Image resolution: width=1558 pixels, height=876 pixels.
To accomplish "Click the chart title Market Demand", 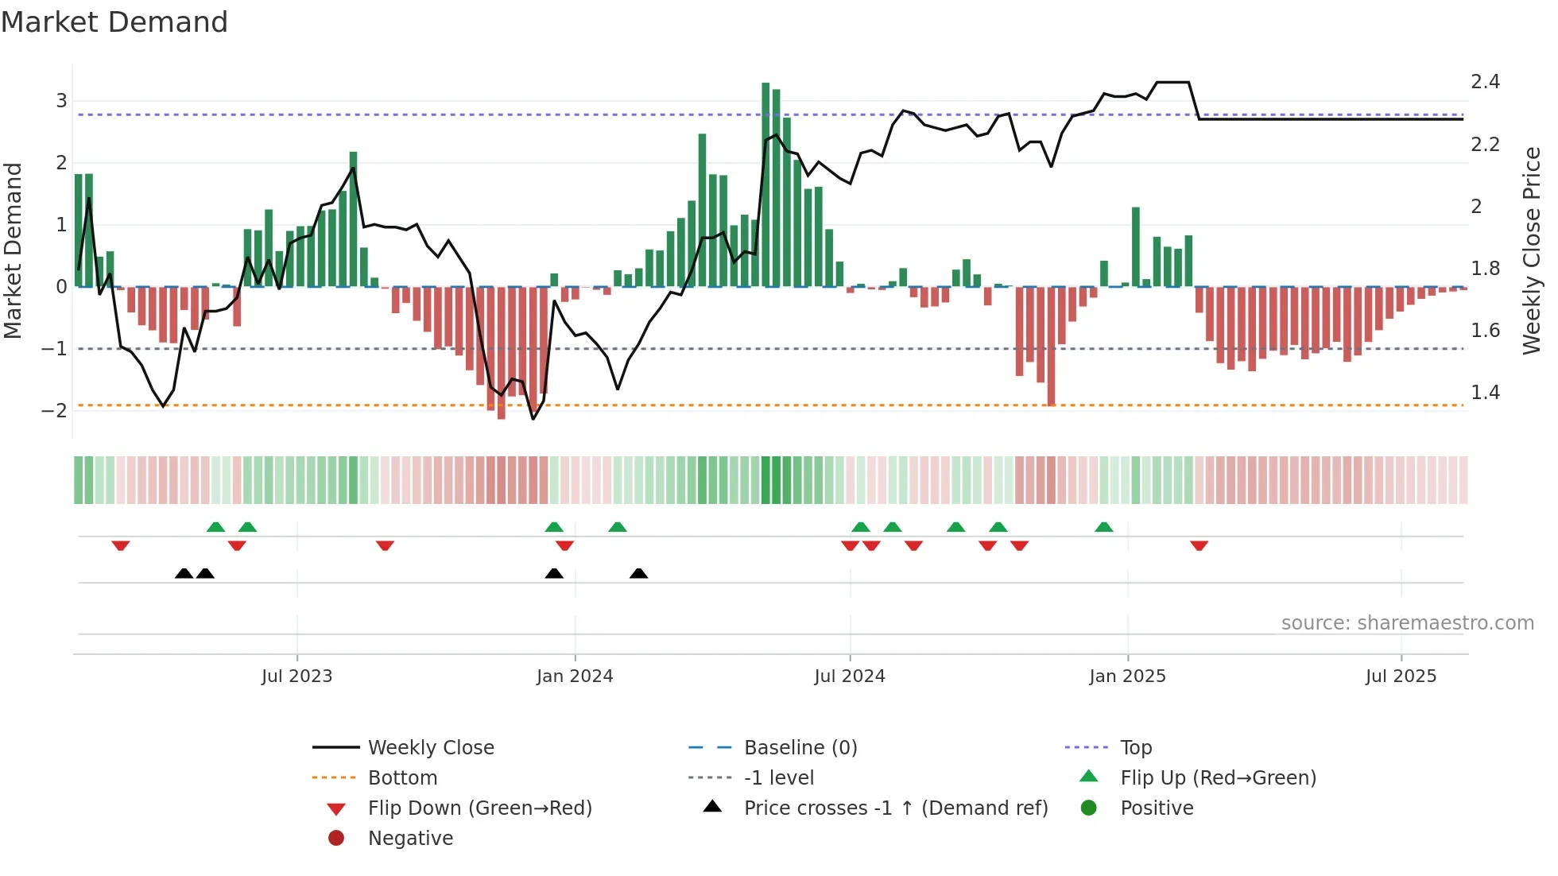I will click(x=114, y=22).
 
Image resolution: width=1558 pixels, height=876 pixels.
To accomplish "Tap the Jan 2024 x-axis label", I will click(x=575, y=676).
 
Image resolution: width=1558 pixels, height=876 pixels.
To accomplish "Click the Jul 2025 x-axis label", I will click(x=1401, y=676).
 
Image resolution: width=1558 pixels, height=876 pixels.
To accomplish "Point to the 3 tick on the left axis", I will click(x=61, y=101).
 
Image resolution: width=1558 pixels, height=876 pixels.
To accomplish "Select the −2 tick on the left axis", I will click(x=54, y=411).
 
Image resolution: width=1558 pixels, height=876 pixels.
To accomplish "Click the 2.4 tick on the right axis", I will click(x=1485, y=82).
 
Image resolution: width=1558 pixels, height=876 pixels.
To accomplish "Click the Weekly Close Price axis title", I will click(x=1531, y=250).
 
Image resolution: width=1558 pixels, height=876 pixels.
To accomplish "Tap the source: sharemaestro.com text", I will click(x=1407, y=623).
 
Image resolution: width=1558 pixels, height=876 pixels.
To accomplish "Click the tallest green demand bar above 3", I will click(x=765, y=183).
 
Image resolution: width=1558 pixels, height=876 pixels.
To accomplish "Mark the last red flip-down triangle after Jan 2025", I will click(x=1199, y=545).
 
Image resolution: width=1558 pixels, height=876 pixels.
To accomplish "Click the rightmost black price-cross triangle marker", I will click(x=638, y=573).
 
